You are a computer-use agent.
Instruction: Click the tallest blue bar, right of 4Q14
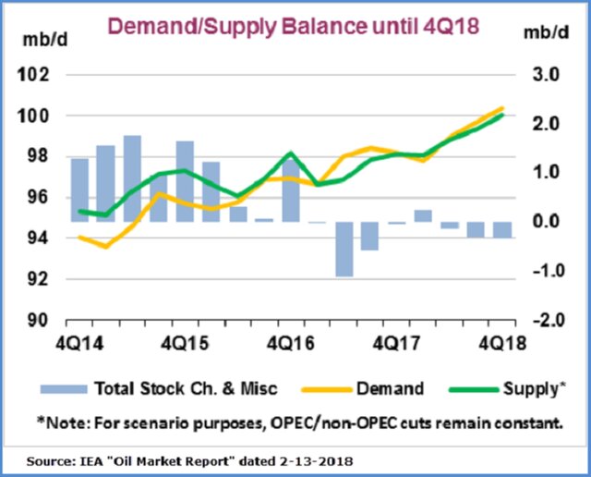pos(132,178)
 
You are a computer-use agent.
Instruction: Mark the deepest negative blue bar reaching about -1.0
pos(344,249)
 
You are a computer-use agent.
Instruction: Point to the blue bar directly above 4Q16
pos(290,190)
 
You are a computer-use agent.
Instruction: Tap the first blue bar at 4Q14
pos(79,190)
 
